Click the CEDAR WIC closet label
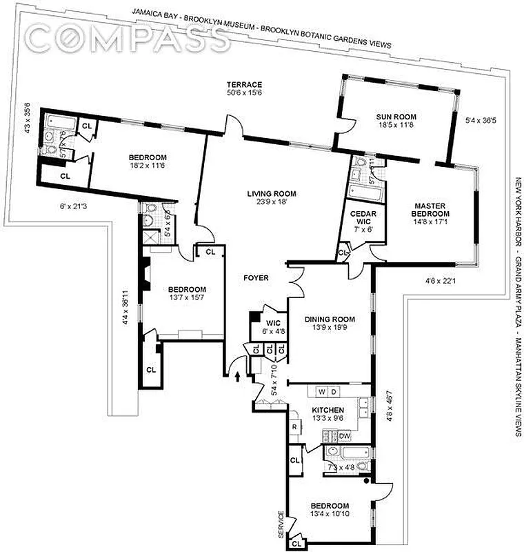point(363,217)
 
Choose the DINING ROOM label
point(329,319)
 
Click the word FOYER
point(255,278)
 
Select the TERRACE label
point(244,84)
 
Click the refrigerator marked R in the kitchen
point(294,426)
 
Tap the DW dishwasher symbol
point(344,435)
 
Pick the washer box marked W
point(321,392)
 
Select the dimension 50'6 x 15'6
point(244,92)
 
